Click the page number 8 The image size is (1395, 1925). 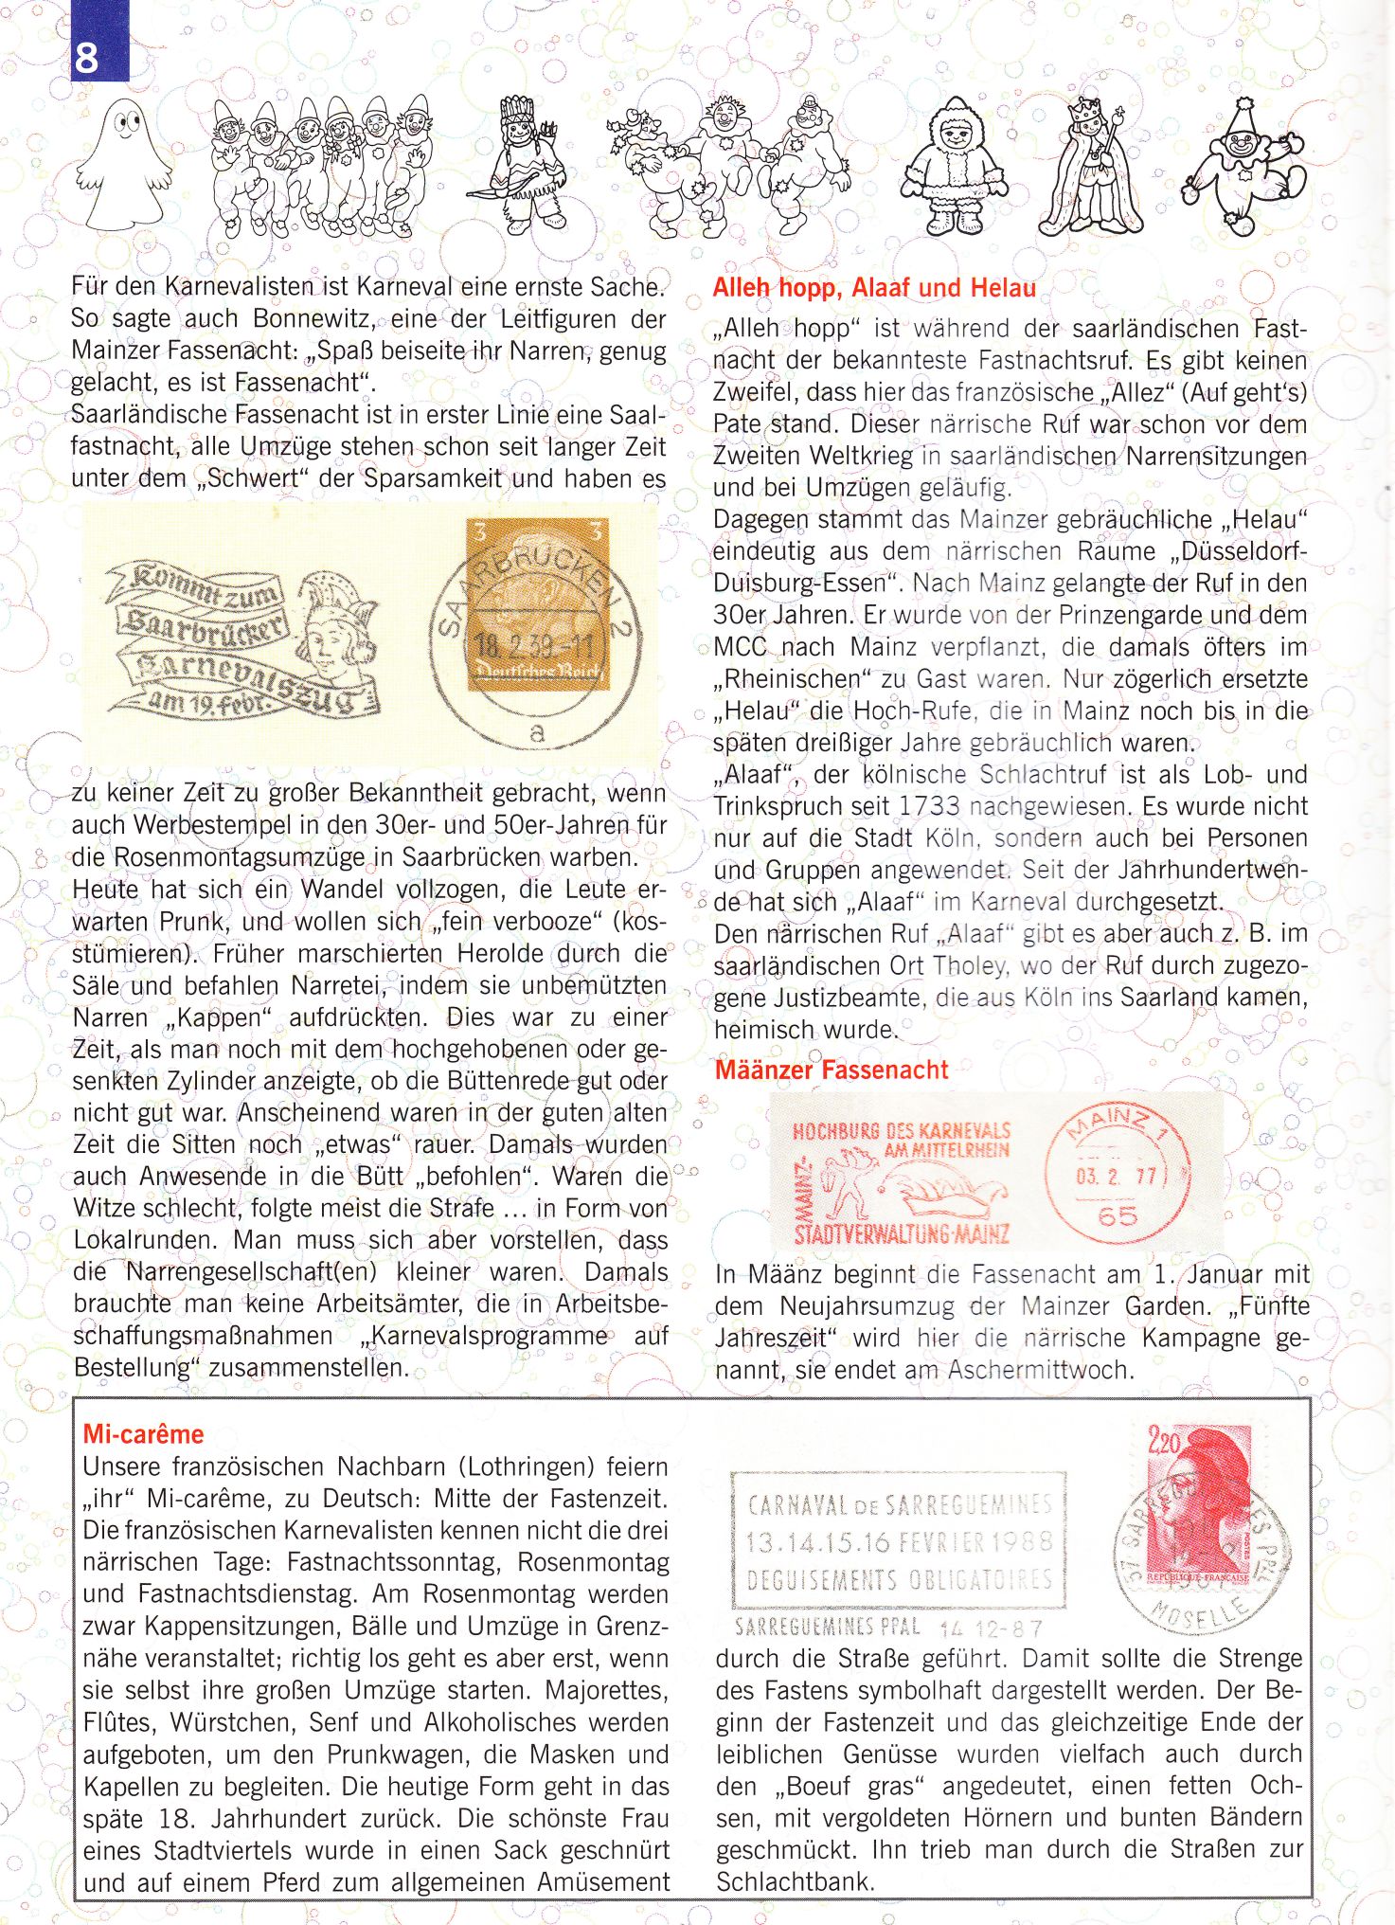click(86, 58)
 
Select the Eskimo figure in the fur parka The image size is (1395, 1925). click(955, 168)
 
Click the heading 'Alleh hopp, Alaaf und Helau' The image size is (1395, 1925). click(874, 288)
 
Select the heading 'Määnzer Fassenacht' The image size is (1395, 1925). click(831, 1070)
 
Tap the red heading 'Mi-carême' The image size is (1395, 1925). click(143, 1434)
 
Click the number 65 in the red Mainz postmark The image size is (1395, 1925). click(1118, 1215)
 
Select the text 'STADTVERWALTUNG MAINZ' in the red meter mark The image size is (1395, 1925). click(902, 1234)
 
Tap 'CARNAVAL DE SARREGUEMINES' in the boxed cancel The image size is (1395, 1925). click(899, 1504)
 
